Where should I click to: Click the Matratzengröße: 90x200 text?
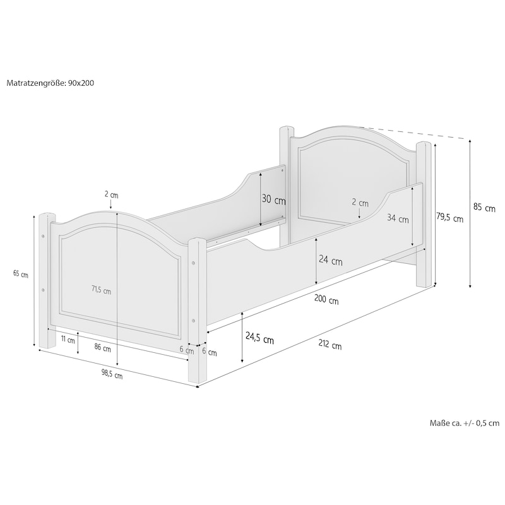(x=50, y=83)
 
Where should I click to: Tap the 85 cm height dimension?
(x=484, y=208)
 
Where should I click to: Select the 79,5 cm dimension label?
(x=449, y=217)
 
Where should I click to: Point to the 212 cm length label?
(x=330, y=345)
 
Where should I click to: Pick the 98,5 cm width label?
(x=112, y=374)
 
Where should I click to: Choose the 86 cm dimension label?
(x=102, y=348)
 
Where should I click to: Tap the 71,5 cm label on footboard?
(x=101, y=290)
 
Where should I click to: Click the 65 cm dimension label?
(x=21, y=274)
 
